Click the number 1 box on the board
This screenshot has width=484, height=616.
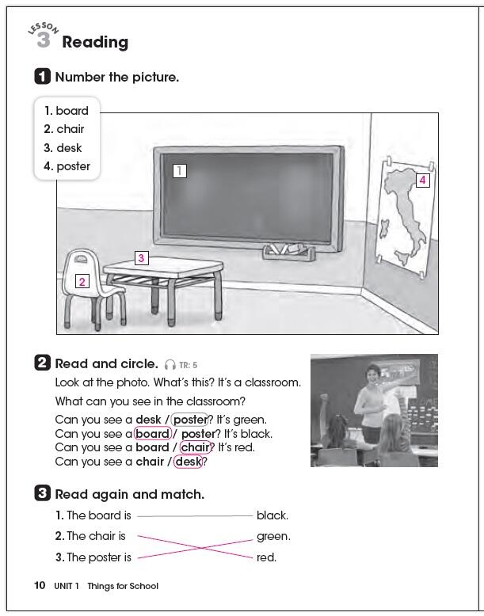click(180, 170)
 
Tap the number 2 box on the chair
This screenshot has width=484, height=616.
click(82, 281)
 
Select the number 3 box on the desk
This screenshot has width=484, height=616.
click(141, 257)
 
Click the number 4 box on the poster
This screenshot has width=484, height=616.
click(422, 180)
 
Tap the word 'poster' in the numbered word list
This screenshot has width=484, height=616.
click(73, 166)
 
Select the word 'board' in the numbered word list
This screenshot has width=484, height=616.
click(72, 111)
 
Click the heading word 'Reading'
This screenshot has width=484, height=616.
click(95, 43)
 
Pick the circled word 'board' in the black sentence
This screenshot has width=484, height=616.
click(153, 434)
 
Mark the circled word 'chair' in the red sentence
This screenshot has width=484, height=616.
click(196, 447)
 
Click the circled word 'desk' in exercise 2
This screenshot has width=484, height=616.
click(189, 462)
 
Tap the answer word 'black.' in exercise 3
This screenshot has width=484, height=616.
click(272, 515)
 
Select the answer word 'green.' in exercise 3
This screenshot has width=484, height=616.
click(272, 536)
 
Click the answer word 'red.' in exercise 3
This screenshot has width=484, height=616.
click(266, 557)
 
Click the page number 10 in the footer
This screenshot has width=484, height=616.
click(40, 586)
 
